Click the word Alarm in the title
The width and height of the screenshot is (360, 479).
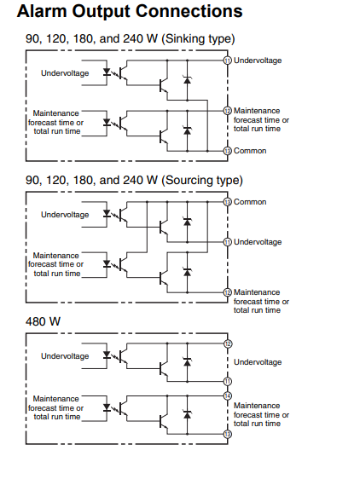pos(42,11)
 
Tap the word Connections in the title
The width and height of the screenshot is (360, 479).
pos(189,11)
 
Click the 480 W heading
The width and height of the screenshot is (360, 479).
pos(44,321)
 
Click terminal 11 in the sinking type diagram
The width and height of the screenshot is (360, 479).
pos(227,61)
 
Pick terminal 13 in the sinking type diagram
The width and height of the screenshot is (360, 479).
pos(227,151)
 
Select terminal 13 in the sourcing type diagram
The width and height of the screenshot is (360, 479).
pos(227,202)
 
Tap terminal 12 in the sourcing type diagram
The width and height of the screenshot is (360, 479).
pos(227,292)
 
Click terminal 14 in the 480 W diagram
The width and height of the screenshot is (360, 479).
pos(228,396)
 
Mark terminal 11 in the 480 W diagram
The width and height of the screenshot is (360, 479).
pos(228,382)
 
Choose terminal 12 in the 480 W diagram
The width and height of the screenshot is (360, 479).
pos(228,343)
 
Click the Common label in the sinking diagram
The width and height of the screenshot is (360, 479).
pos(250,151)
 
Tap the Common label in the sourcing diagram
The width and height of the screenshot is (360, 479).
pos(250,202)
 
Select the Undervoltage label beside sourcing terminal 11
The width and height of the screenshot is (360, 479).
pos(258,242)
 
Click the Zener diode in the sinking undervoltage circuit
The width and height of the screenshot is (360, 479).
pos(187,80)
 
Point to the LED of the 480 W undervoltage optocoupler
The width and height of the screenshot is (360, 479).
pos(107,355)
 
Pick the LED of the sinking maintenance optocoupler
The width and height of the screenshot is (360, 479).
pos(107,122)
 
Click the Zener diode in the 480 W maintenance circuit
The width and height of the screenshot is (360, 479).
pos(187,414)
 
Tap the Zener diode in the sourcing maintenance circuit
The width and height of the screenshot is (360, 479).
pos(187,272)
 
